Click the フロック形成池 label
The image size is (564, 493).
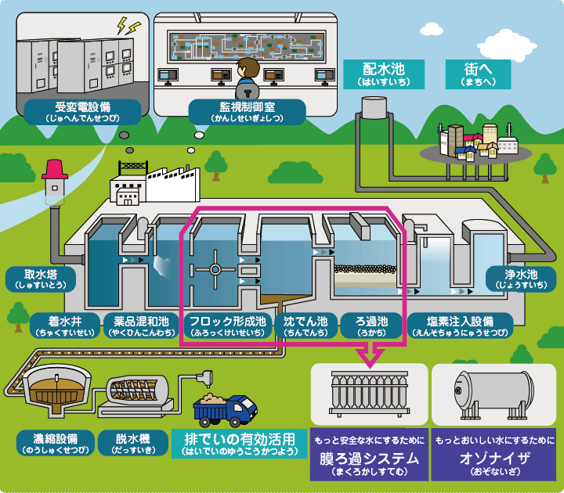tap(228, 325)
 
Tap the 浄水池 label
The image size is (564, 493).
tap(520, 279)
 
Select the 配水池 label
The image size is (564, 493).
tap(383, 73)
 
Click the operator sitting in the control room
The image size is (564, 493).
tap(247, 74)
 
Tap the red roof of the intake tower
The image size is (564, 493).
tap(56, 167)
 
